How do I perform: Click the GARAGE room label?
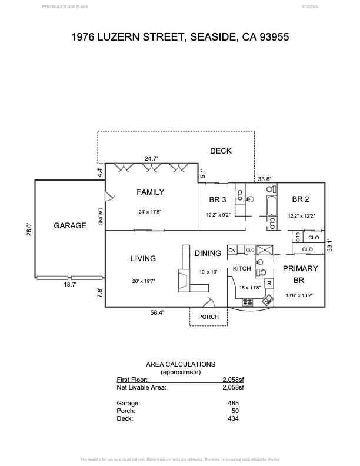(70, 225)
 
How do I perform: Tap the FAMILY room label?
(151, 192)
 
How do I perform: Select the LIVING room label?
(143, 258)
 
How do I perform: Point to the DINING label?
(208, 253)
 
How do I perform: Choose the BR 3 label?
(218, 200)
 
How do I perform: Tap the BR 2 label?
(301, 199)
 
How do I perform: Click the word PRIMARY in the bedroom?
(301, 268)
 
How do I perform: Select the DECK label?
(221, 151)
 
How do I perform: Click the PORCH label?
(208, 317)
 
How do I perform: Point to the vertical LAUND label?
(101, 218)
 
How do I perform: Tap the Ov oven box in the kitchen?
(232, 250)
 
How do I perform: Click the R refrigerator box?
(269, 284)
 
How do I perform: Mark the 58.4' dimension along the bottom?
(156, 313)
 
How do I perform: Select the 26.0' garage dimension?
(29, 228)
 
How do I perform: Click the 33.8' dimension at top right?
(264, 179)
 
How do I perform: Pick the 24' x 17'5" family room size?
(151, 212)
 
